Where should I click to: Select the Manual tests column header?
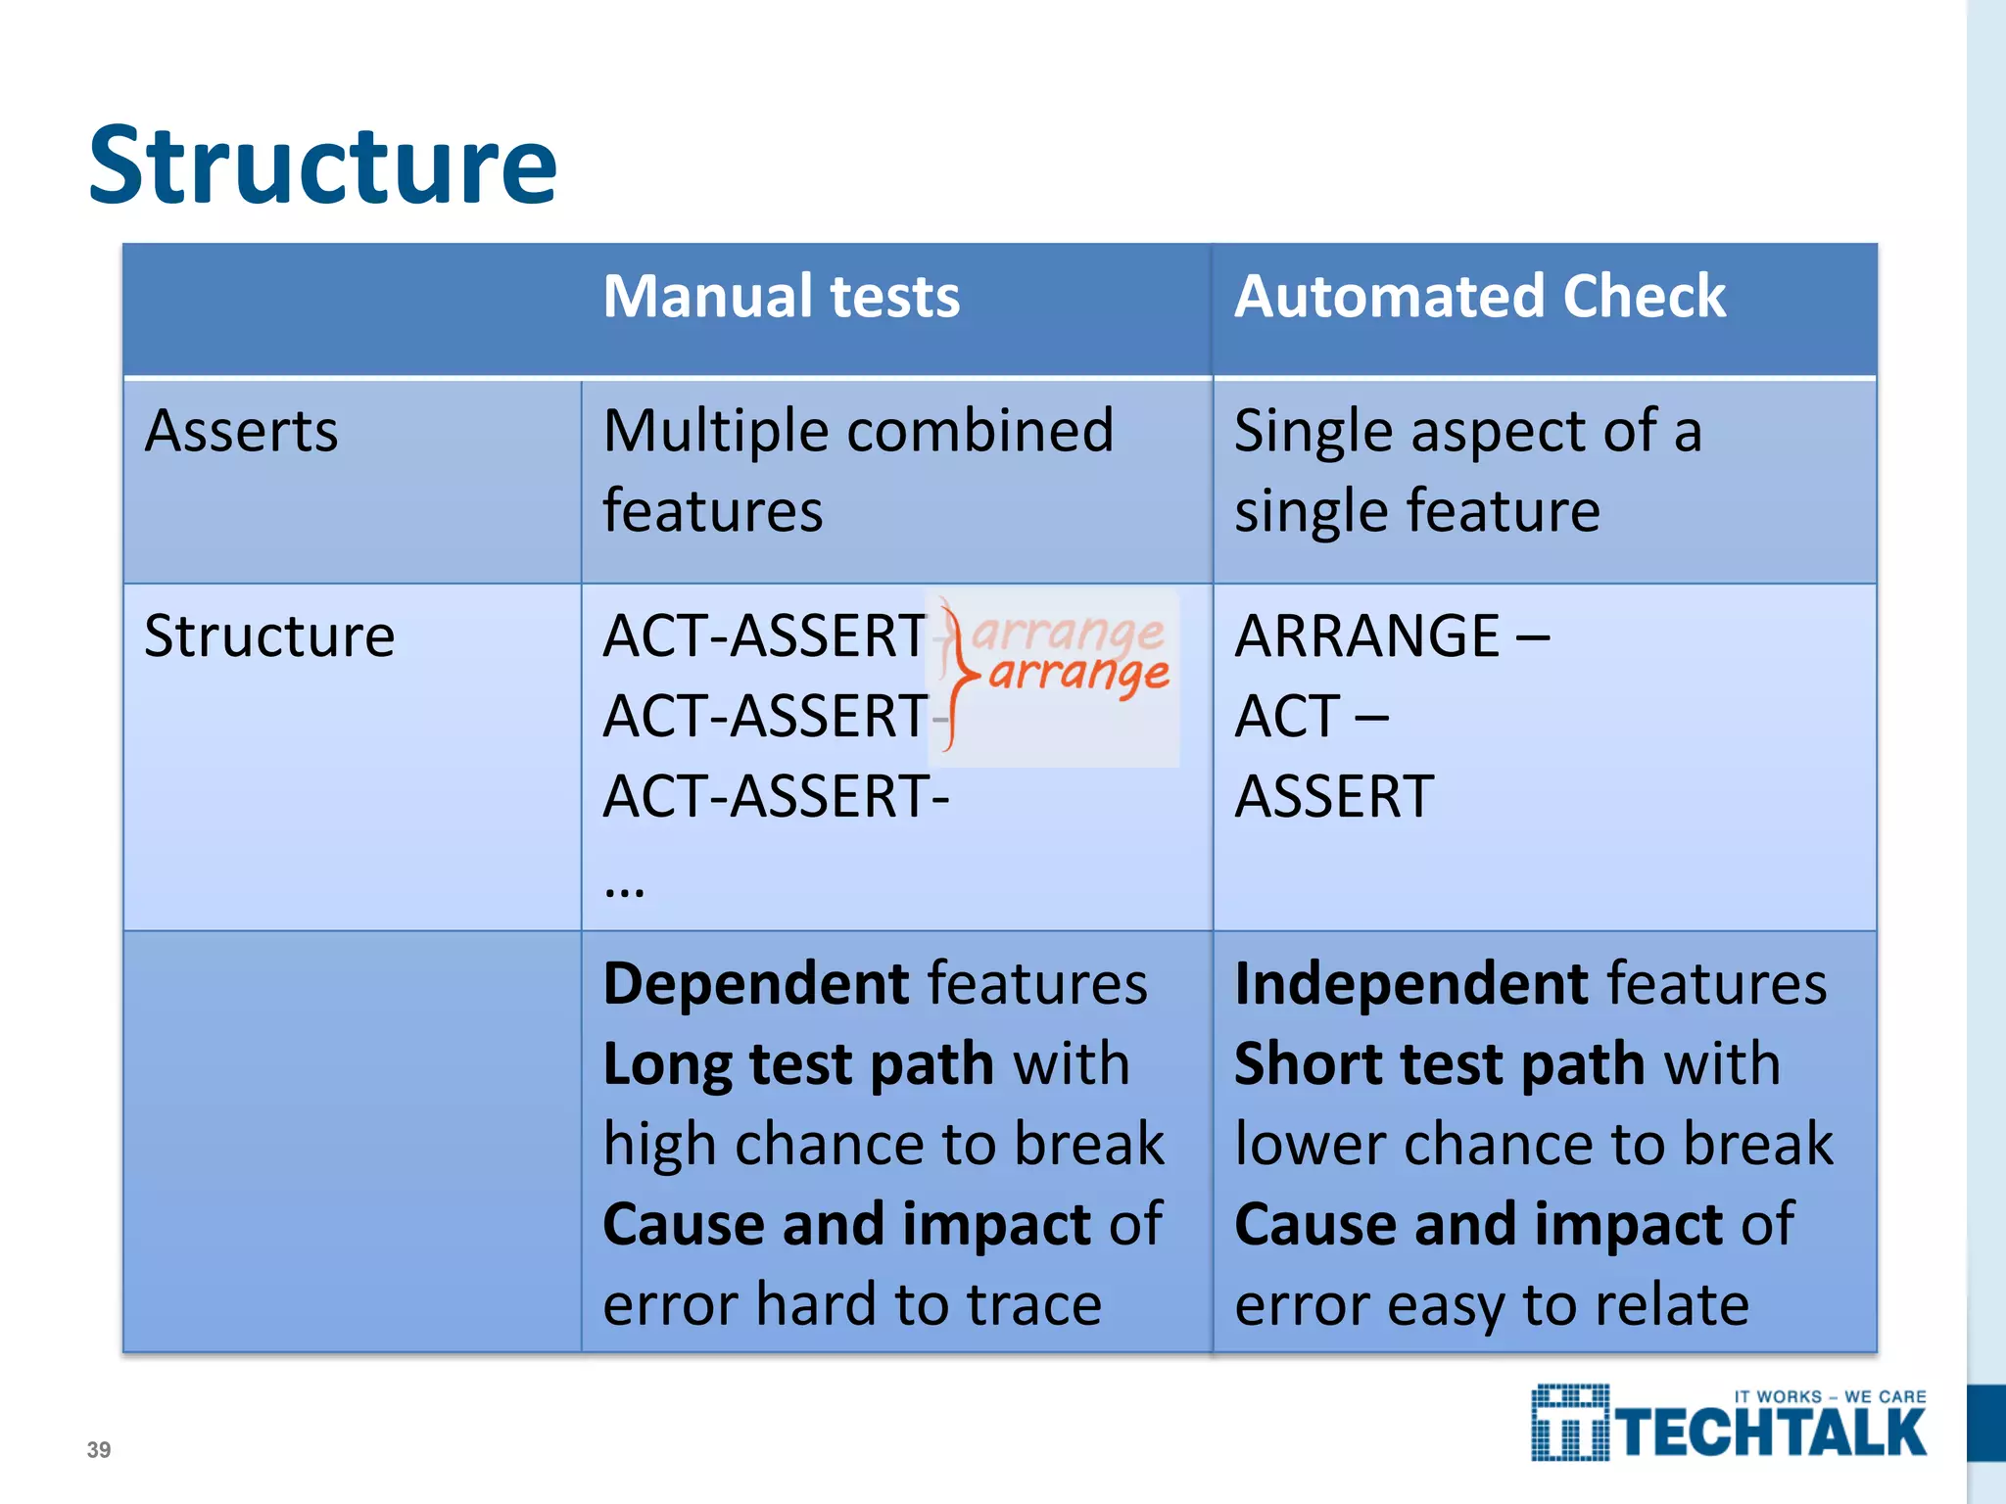[781, 296]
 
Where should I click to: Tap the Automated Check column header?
[1479, 296]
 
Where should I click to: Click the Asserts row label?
[241, 431]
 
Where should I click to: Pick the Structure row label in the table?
[269, 635]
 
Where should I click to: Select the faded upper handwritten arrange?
[1068, 632]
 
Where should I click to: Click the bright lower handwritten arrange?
[1079, 674]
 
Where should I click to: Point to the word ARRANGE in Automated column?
[1367, 635]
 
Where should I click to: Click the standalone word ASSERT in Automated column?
[1334, 796]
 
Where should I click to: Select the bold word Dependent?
[757, 983]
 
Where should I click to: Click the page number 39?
[99, 1449]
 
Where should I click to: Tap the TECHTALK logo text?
[1771, 1433]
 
